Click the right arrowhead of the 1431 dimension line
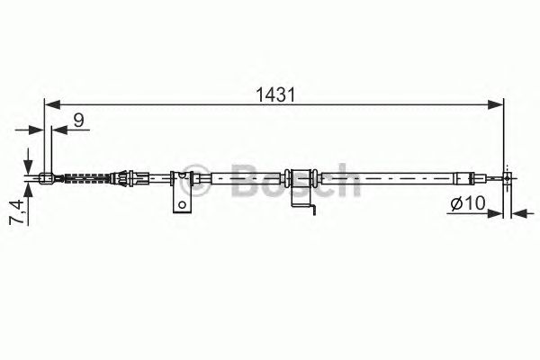point(498,104)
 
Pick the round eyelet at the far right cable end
point(508,178)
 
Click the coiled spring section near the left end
point(87,177)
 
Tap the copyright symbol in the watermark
point(188,177)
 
